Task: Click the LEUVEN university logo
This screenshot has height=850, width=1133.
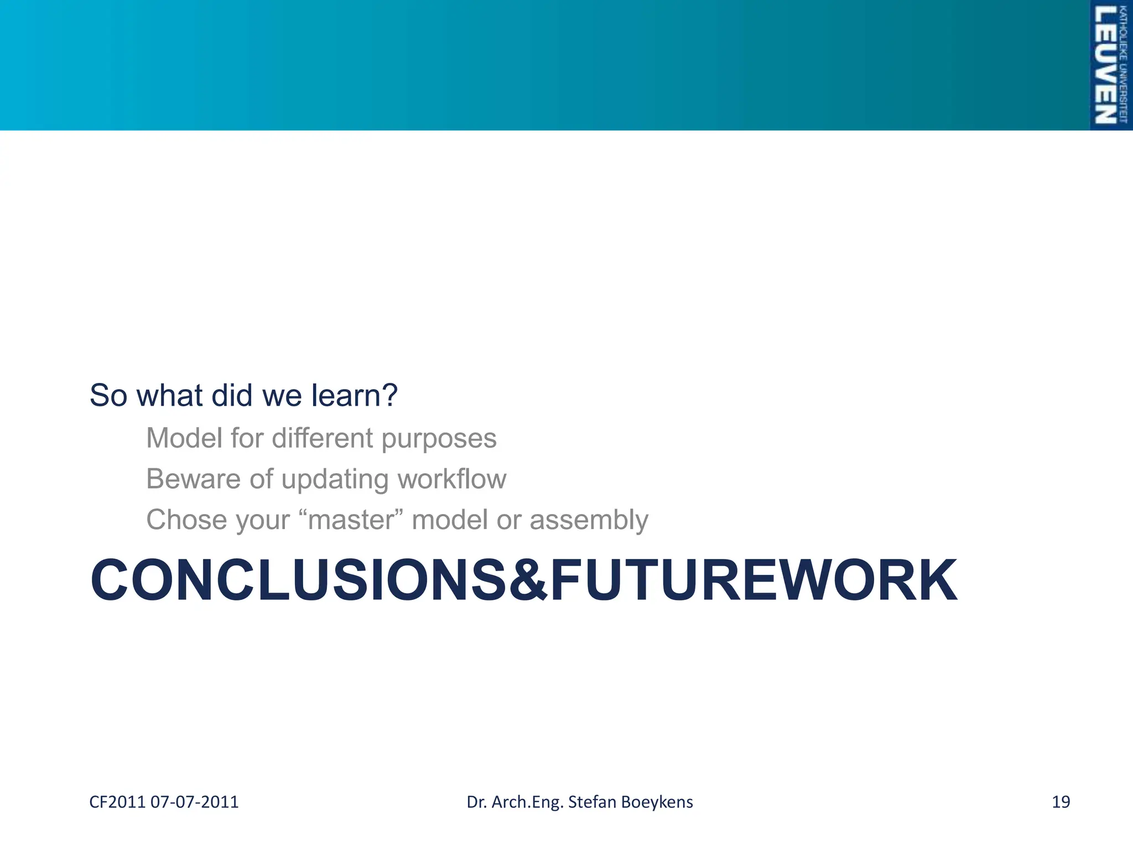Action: click(1110, 65)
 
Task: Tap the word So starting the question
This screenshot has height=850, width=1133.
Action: click(109, 396)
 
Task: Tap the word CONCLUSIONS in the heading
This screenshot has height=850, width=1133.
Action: click(298, 581)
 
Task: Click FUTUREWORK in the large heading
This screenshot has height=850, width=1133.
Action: click(753, 581)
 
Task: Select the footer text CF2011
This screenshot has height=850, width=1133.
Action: click(117, 802)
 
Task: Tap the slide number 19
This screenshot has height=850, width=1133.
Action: click(1061, 802)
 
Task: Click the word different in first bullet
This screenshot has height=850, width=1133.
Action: click(323, 438)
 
